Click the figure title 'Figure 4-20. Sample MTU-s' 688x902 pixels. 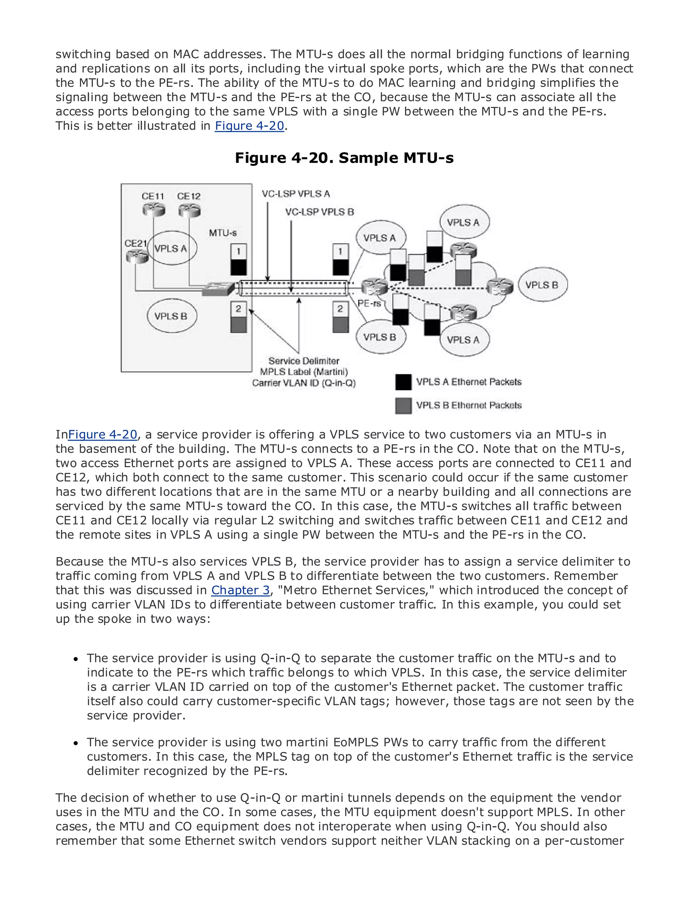point(344,158)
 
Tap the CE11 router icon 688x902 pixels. point(154,210)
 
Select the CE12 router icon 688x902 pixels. point(189,210)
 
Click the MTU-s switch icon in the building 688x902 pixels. point(218,289)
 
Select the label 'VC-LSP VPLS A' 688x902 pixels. point(296,194)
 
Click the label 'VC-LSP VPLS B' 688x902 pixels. point(319,212)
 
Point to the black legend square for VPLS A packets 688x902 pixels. point(403,382)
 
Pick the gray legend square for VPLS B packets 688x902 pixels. point(403,405)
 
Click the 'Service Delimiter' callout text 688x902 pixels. point(303,361)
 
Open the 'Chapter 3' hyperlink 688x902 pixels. point(241,590)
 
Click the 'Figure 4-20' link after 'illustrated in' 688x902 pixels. point(249,126)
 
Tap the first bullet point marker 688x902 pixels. point(76,659)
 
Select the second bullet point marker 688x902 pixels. point(76,743)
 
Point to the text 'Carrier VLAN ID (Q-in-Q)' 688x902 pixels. point(303,383)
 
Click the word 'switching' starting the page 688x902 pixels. point(83,54)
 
